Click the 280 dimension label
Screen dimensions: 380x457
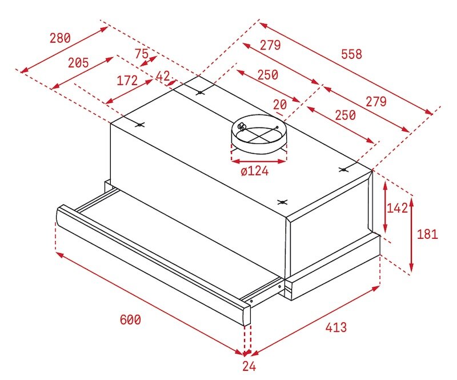pyautogui.click(x=60, y=38)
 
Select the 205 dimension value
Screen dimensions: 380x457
pyautogui.click(x=78, y=63)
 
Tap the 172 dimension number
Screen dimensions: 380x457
pyautogui.click(x=127, y=81)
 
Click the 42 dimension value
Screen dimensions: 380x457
pyautogui.click(x=163, y=76)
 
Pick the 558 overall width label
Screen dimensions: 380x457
pyautogui.click(x=351, y=54)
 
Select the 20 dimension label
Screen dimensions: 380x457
pyautogui.click(x=280, y=105)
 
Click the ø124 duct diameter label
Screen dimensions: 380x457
pyautogui.click(x=255, y=170)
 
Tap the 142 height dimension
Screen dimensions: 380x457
pyautogui.click(x=397, y=208)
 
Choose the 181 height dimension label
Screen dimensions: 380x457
pyautogui.click(x=427, y=234)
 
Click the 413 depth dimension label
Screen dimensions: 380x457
pyautogui.click(x=336, y=327)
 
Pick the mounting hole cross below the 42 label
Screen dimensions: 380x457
pyautogui.click(x=199, y=92)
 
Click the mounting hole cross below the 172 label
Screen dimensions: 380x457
pyautogui.click(x=140, y=125)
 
